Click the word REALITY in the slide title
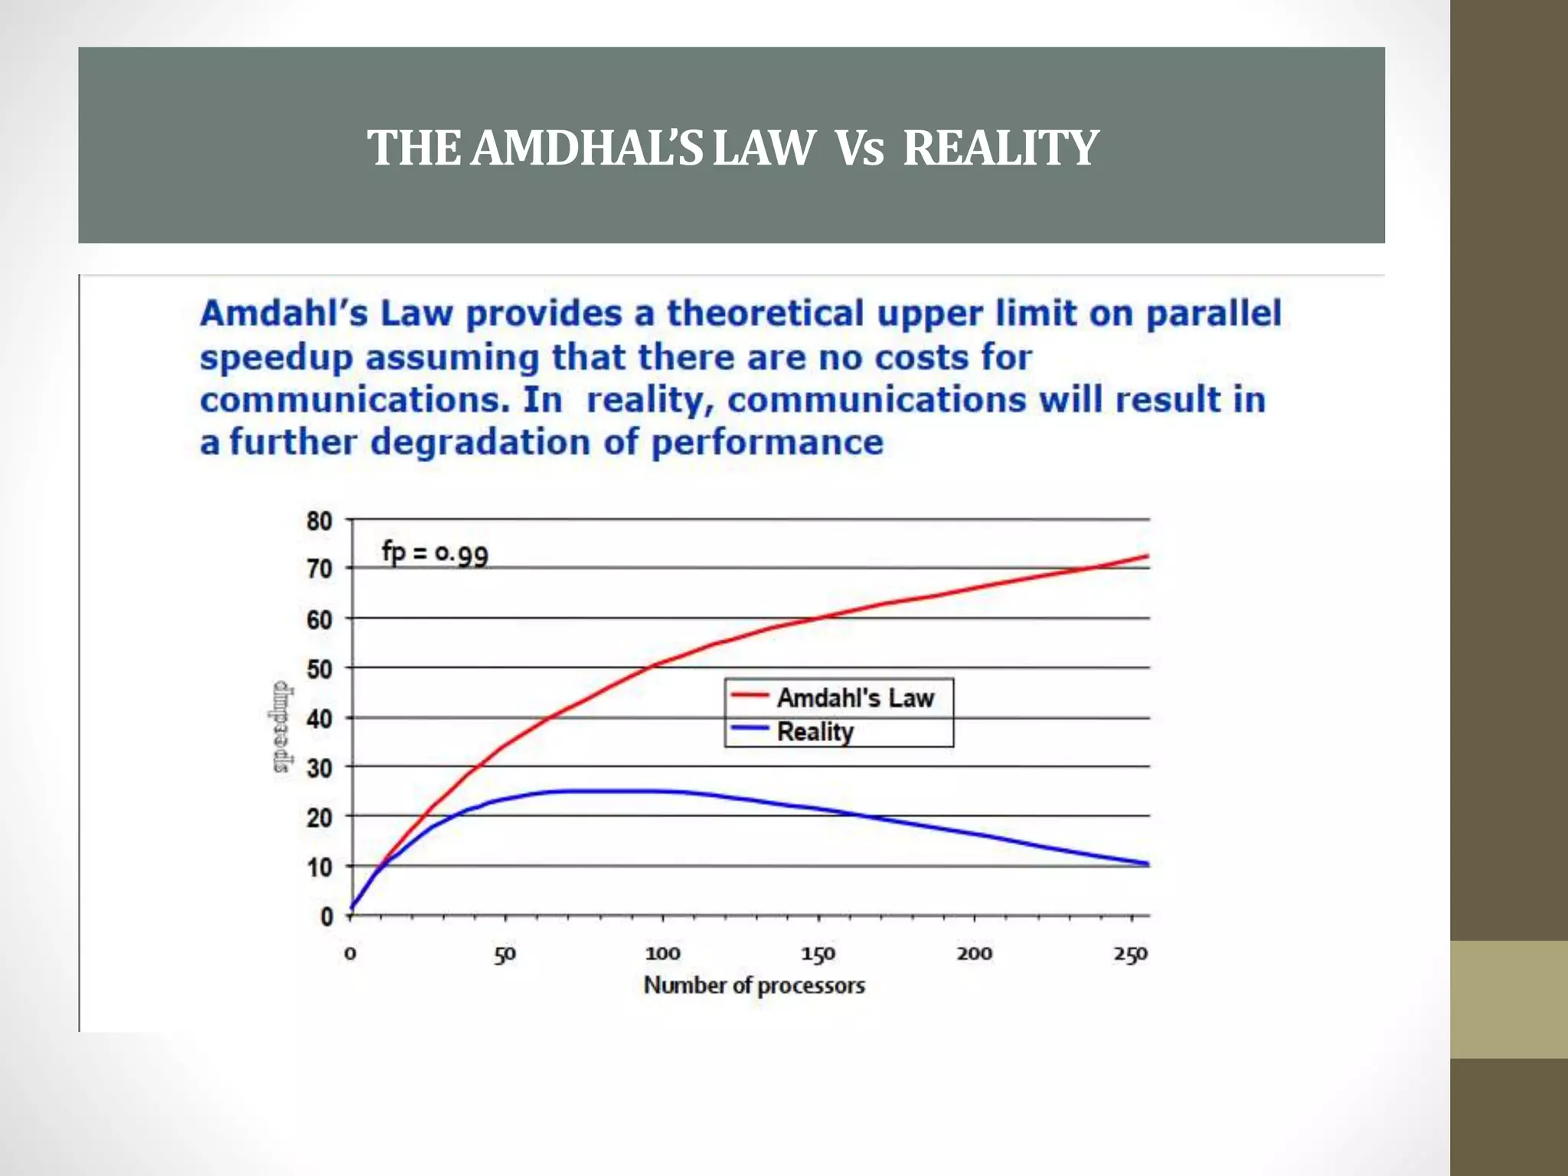(x=1001, y=148)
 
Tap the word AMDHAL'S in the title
(x=586, y=148)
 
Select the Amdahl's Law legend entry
(x=855, y=697)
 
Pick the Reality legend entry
(x=815, y=732)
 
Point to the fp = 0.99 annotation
(x=435, y=552)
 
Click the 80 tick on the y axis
(x=319, y=521)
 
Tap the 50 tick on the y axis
(x=319, y=669)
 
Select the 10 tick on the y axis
(x=319, y=867)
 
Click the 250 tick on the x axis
(x=1131, y=954)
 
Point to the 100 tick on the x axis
(x=662, y=954)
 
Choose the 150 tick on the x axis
(x=818, y=954)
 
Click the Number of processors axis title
(x=754, y=985)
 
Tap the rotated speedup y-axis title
(x=282, y=727)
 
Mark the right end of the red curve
(x=1148, y=556)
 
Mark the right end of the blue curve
(x=1148, y=864)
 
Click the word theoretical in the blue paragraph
(x=765, y=314)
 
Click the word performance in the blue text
(x=767, y=443)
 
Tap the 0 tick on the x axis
(x=350, y=954)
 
